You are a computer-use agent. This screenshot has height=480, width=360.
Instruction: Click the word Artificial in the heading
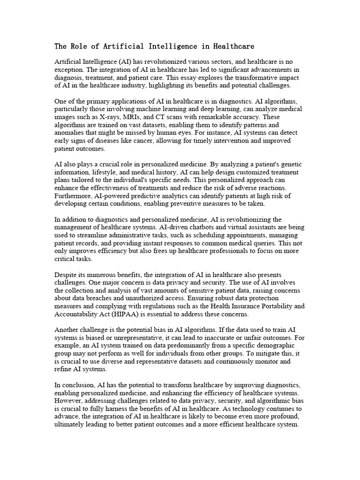point(115,46)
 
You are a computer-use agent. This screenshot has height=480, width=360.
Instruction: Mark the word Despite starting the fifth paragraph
point(67,275)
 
